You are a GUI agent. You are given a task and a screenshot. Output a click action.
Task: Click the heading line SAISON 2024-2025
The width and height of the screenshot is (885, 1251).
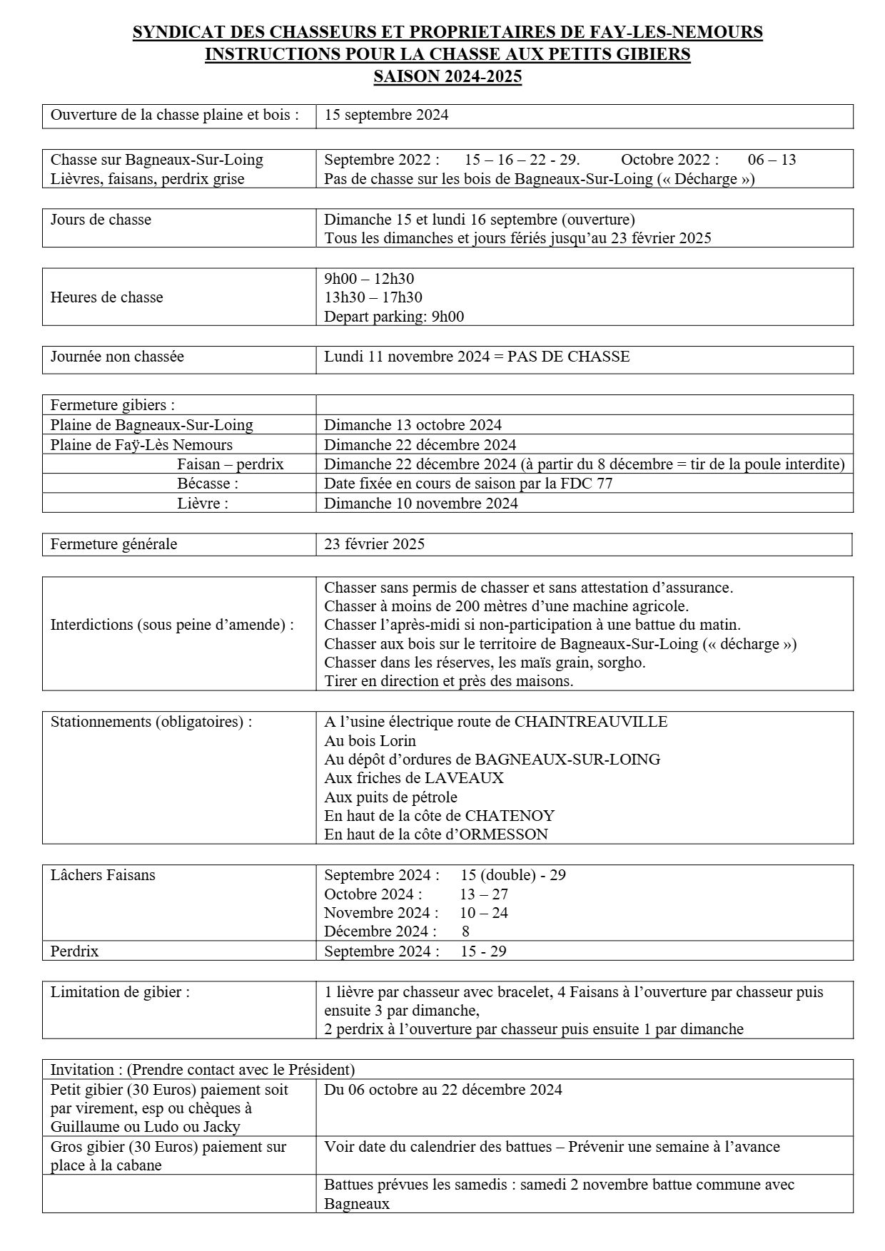pos(447,76)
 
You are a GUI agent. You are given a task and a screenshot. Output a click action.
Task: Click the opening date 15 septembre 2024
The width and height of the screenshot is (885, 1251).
pos(386,115)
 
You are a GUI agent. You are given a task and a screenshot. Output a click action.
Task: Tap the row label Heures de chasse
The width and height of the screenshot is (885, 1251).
pos(106,297)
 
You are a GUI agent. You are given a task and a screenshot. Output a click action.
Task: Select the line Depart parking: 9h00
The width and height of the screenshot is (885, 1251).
pos(393,316)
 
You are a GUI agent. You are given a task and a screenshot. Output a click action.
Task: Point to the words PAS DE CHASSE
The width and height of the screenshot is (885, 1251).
pos(568,357)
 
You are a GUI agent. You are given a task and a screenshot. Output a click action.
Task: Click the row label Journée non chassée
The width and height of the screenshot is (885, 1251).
pos(117,357)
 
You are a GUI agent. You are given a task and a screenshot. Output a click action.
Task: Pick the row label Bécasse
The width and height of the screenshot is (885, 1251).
pos(208,484)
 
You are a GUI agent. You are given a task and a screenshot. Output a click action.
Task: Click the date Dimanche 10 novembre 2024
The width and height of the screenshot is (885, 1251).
pos(420,504)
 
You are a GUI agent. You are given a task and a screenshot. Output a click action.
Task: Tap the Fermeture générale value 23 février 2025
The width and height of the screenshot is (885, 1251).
pos(374,544)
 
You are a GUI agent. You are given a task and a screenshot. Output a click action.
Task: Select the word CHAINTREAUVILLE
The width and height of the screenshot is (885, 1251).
pos(590,722)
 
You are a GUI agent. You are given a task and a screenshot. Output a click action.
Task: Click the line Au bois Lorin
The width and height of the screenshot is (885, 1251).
pos(370,740)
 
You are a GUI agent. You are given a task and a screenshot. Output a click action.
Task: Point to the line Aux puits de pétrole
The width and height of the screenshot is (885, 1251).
pos(390,797)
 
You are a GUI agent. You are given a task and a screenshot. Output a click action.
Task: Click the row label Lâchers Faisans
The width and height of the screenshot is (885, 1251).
pos(103,875)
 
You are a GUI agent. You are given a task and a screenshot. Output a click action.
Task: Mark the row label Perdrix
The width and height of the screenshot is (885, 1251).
pos(74,951)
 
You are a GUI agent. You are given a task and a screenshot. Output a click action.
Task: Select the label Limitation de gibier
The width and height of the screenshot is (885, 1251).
pos(120,992)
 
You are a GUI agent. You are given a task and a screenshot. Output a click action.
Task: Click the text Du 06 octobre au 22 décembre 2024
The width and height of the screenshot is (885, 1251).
pos(442,1090)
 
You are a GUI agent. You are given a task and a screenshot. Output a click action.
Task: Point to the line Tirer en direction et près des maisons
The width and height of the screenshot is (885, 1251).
pos(448,680)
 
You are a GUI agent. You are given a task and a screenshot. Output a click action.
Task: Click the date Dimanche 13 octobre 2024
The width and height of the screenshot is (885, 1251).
pos(413,425)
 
